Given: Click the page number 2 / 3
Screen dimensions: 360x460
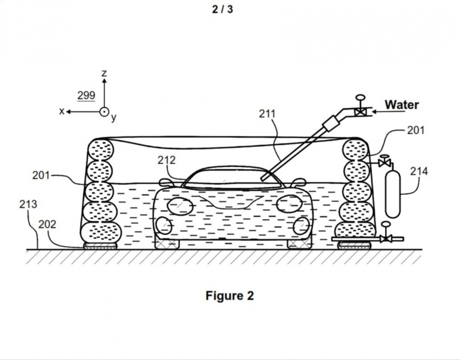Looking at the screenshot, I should (x=222, y=9).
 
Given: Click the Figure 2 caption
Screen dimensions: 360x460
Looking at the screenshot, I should (x=230, y=296).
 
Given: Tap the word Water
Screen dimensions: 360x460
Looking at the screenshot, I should (x=401, y=105).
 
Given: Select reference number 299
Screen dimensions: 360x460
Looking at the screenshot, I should (x=86, y=95).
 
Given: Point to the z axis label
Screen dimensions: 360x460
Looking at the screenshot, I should (x=104, y=73).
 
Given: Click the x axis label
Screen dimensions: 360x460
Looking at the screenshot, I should (x=61, y=111).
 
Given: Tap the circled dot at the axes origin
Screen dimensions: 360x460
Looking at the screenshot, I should (x=104, y=112).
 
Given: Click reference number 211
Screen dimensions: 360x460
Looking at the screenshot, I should (x=267, y=114).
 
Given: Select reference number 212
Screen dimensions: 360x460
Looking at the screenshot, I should (x=166, y=160).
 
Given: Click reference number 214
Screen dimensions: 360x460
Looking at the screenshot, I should (x=419, y=171).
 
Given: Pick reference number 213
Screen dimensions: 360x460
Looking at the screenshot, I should (x=28, y=204).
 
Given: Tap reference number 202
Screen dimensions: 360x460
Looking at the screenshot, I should (x=47, y=224).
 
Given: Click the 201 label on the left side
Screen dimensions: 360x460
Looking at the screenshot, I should (x=41, y=175).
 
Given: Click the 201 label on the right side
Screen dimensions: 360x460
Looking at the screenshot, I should (x=416, y=130).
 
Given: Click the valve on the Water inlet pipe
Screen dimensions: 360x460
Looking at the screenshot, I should (x=360, y=111).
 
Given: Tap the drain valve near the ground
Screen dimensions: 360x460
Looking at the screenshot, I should (x=386, y=239).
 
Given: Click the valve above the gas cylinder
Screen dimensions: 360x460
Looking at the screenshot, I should (x=384, y=163).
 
